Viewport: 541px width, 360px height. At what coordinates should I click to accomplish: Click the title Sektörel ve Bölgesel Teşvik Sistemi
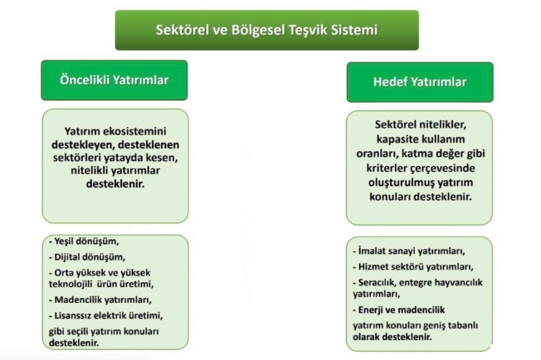click(x=266, y=30)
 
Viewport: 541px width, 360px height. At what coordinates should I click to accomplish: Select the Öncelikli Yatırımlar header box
click(x=115, y=80)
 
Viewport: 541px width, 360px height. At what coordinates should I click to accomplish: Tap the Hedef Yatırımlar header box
click(x=420, y=82)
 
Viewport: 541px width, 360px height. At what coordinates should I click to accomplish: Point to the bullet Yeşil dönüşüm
click(x=84, y=241)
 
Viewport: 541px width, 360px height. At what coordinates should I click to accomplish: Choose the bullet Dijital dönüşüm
click(x=87, y=257)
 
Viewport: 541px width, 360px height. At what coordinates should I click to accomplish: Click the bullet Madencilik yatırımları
click(x=100, y=300)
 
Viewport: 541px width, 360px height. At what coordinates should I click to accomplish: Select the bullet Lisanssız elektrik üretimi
click(x=105, y=316)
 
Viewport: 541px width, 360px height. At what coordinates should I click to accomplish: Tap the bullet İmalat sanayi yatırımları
click(x=409, y=251)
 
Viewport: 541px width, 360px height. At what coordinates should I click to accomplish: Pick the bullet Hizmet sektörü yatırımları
click(x=413, y=267)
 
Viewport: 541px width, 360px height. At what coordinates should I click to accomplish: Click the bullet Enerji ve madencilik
click(x=398, y=310)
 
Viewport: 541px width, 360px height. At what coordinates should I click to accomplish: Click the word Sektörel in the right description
click(x=395, y=124)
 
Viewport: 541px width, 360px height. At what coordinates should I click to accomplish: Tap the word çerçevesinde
click(x=442, y=168)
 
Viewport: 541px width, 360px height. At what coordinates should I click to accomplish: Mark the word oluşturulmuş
click(x=402, y=182)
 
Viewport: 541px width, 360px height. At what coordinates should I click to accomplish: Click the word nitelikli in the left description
click(x=90, y=171)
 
